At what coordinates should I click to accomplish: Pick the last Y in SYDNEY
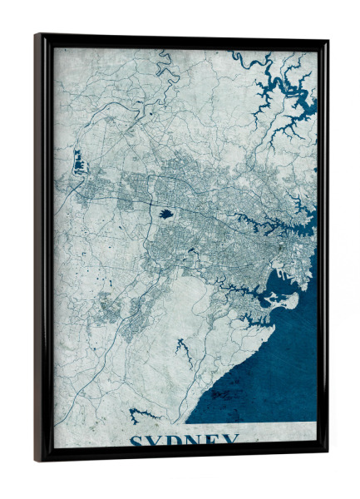[x=232, y=441]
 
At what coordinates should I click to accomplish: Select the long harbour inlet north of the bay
[x=274, y=220]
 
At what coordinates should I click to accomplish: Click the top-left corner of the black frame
[x=37, y=36]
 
